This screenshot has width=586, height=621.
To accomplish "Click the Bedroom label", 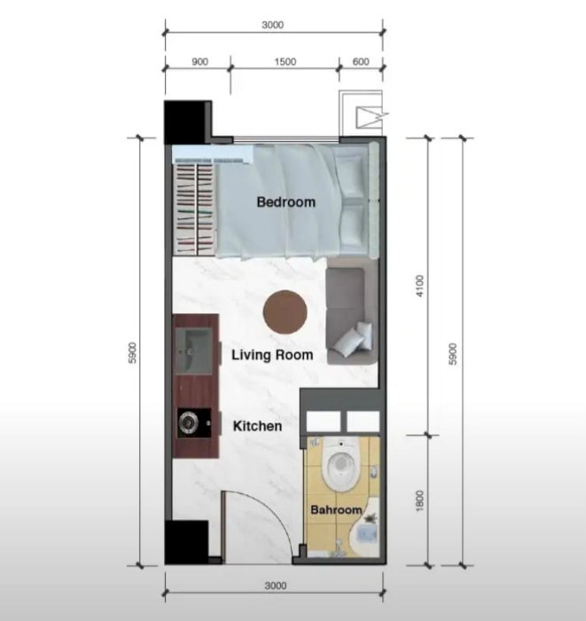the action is [x=286, y=202].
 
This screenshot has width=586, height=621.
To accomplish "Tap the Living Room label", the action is [x=272, y=355].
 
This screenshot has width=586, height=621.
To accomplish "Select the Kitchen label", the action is [x=258, y=426].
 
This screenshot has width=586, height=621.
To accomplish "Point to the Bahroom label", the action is [x=336, y=510].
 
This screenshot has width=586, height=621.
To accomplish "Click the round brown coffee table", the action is [x=285, y=311].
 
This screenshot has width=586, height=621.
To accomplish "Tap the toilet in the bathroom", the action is [x=340, y=462].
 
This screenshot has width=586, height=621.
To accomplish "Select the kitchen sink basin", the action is [x=193, y=350].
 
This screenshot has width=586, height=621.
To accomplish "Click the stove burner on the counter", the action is [x=188, y=423].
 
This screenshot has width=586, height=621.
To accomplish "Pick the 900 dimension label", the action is [x=199, y=62].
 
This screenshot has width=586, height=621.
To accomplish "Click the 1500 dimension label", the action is [x=285, y=62].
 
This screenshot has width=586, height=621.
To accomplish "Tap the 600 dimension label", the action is [x=361, y=62].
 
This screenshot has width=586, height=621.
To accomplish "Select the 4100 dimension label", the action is [x=420, y=286].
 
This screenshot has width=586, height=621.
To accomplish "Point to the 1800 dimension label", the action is [x=420, y=500].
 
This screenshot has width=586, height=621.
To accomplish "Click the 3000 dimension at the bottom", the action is [x=276, y=586].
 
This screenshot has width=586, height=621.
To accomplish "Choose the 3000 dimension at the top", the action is [x=273, y=25].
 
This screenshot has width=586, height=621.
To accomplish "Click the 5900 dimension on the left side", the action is [x=133, y=352].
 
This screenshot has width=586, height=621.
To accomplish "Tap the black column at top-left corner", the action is [x=188, y=122].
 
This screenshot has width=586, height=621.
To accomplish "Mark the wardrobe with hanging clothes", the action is [x=195, y=208].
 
